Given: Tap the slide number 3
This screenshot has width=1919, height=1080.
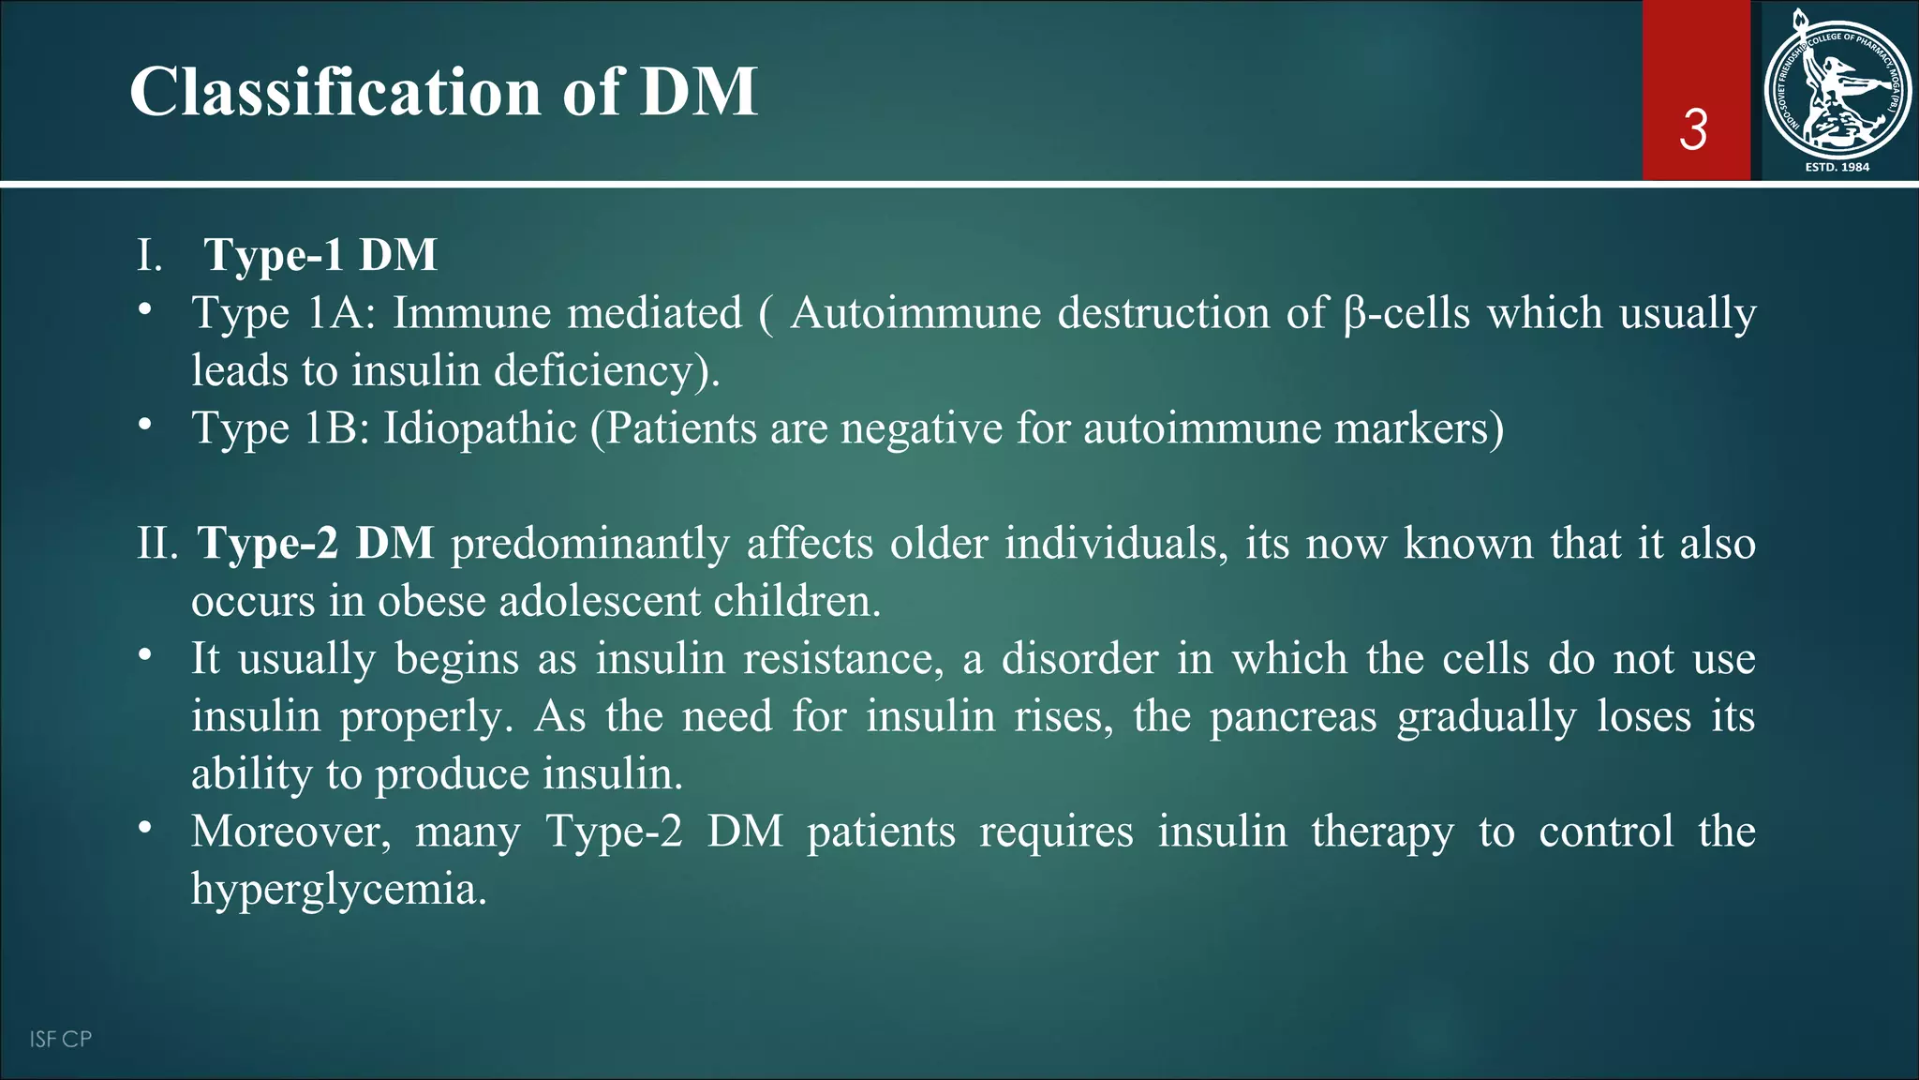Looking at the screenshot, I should coord(1693,129).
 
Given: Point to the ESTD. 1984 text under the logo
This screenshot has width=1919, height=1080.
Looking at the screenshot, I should coord(1837,167).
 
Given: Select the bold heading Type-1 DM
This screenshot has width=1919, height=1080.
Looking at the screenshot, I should coord(320,255).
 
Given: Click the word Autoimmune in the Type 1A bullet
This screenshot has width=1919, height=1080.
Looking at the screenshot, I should coord(915,313).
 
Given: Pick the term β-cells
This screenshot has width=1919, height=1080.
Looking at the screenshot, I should coord(1406,313).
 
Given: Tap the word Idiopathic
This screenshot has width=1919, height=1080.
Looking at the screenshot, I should coord(480,428).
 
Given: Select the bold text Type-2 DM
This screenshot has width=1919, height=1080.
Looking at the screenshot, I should coord(316,544).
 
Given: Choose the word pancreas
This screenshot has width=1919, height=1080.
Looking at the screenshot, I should coord(1293,717).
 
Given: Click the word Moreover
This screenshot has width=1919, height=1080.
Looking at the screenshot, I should coord(290,832).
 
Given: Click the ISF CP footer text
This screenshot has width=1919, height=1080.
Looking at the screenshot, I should coord(60,1039).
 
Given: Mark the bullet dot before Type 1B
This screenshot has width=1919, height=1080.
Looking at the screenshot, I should coord(143,425).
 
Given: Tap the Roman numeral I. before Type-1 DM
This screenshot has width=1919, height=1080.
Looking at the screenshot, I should coord(149,256).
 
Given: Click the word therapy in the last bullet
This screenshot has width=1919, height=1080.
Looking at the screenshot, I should coord(1382,832).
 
